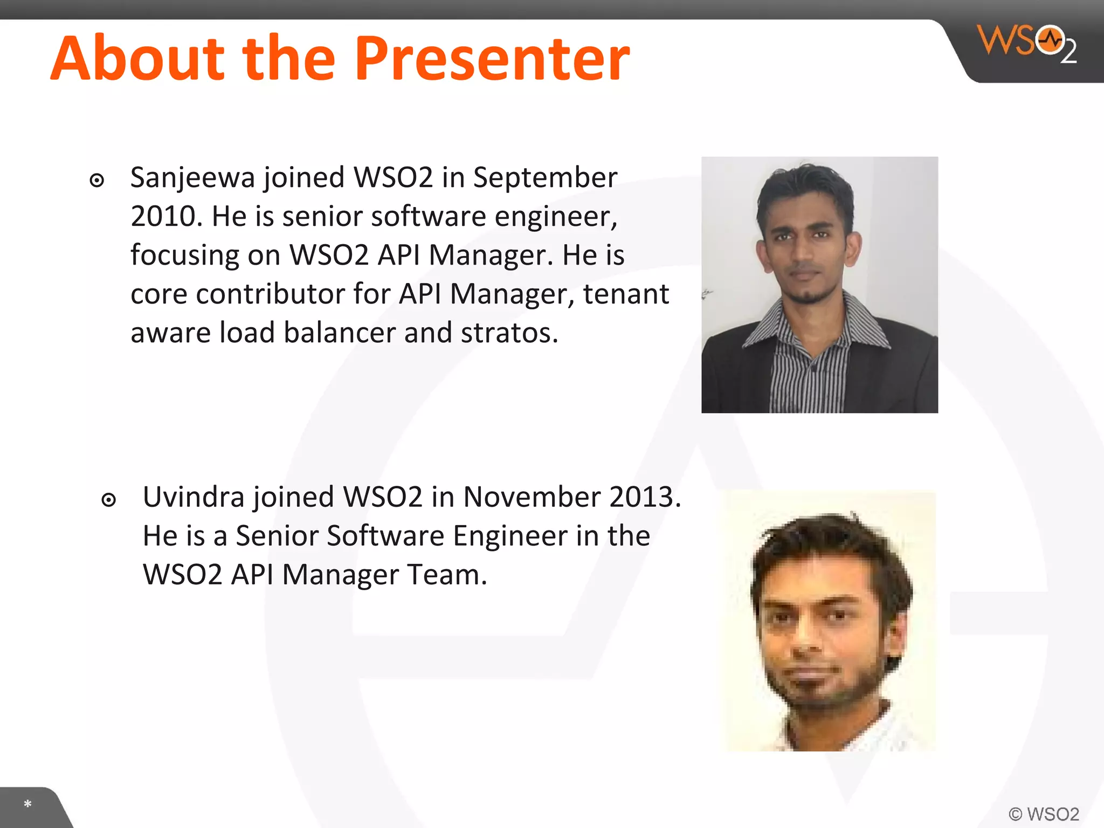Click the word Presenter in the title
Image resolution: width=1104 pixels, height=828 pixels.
coord(492,58)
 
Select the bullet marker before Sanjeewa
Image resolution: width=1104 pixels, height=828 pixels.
coord(97,180)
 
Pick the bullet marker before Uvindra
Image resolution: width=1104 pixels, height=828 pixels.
coord(109,500)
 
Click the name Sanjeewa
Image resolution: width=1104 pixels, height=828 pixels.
coord(192,178)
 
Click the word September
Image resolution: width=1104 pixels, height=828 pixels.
coord(545,178)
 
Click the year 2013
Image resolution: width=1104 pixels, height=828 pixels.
coord(644,497)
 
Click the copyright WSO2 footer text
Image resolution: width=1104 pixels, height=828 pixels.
coord(1044,814)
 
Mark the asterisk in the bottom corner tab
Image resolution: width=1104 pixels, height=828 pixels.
coord(27,804)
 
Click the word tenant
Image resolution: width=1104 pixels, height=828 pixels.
coord(626,294)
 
